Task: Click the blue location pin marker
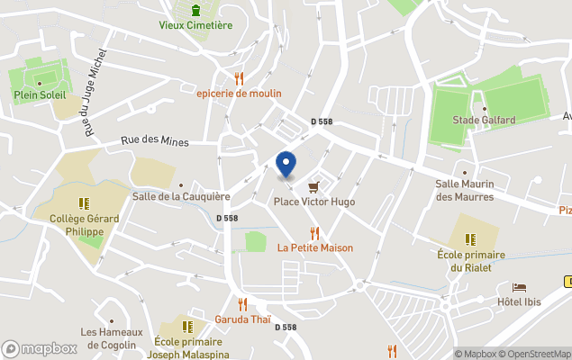286,164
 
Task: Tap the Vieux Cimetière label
195,25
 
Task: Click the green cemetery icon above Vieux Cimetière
195,10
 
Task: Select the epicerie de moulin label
239,94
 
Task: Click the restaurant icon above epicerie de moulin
239,78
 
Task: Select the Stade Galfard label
484,121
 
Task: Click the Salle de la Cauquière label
181,196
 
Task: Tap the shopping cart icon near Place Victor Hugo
313,187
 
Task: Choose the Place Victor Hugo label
314,202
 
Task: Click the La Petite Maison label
314,247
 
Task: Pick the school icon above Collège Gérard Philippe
84,203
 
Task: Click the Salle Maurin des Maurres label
467,190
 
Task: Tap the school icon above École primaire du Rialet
469,239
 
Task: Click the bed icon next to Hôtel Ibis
520,287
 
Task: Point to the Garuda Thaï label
242,319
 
